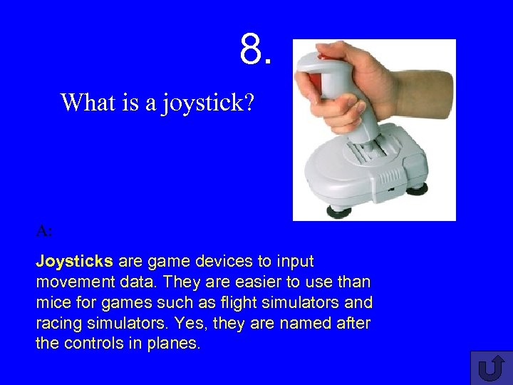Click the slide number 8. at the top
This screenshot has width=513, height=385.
[256, 49]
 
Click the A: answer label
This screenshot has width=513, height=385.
[44, 231]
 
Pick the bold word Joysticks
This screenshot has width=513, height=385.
[75, 262]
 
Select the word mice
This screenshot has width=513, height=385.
[51, 303]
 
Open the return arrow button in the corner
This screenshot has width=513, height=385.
[491, 367]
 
